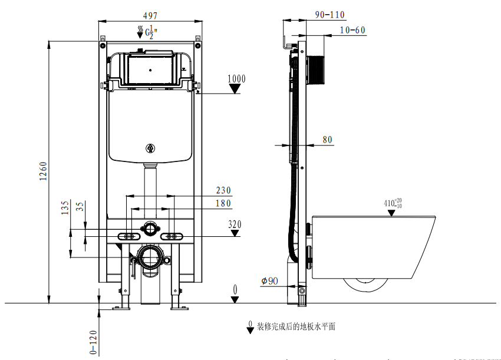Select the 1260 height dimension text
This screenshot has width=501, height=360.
(x=43, y=171)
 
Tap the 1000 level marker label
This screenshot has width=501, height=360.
(x=236, y=78)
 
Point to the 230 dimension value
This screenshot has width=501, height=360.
(x=223, y=190)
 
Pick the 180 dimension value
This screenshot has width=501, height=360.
(x=223, y=204)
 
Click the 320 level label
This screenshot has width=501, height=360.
(x=235, y=224)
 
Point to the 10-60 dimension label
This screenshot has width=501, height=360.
(x=352, y=30)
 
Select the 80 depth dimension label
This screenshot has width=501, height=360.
(x=327, y=140)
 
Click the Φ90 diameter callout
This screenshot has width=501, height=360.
(x=269, y=281)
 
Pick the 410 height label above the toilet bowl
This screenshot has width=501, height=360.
(x=393, y=204)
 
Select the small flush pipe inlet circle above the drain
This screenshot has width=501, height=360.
(x=150, y=227)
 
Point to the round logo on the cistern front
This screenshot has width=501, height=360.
(x=150, y=148)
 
